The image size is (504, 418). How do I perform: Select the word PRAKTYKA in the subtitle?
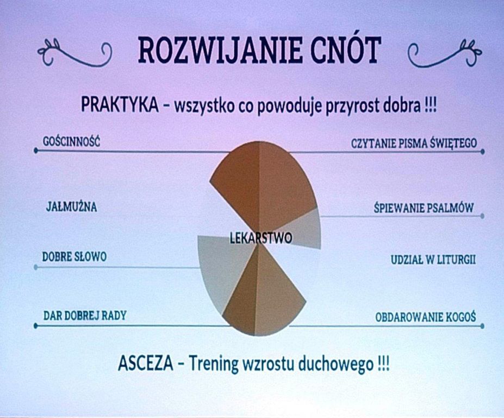[120, 104]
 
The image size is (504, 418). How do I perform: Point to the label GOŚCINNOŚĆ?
[71, 142]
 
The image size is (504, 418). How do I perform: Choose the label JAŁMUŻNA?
[71, 207]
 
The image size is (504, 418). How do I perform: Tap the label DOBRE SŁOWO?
[74, 257]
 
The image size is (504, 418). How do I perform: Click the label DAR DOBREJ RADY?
[85, 316]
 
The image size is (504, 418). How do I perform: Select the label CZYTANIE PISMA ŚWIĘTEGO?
[414, 143]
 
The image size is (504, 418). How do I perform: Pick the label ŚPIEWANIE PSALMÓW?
[424, 208]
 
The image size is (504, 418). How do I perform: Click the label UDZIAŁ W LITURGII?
[433, 260]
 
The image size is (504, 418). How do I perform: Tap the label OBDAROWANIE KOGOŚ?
[426, 317]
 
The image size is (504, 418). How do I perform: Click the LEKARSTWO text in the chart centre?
[261, 238]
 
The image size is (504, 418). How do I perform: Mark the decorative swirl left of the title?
[74, 53]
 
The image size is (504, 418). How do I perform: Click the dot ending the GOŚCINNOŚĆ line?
[36, 151]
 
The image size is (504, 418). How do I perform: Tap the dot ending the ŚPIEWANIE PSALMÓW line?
[482, 216]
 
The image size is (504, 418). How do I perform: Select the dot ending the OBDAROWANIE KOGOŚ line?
[482, 327]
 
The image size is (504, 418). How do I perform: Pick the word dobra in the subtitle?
[403, 105]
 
